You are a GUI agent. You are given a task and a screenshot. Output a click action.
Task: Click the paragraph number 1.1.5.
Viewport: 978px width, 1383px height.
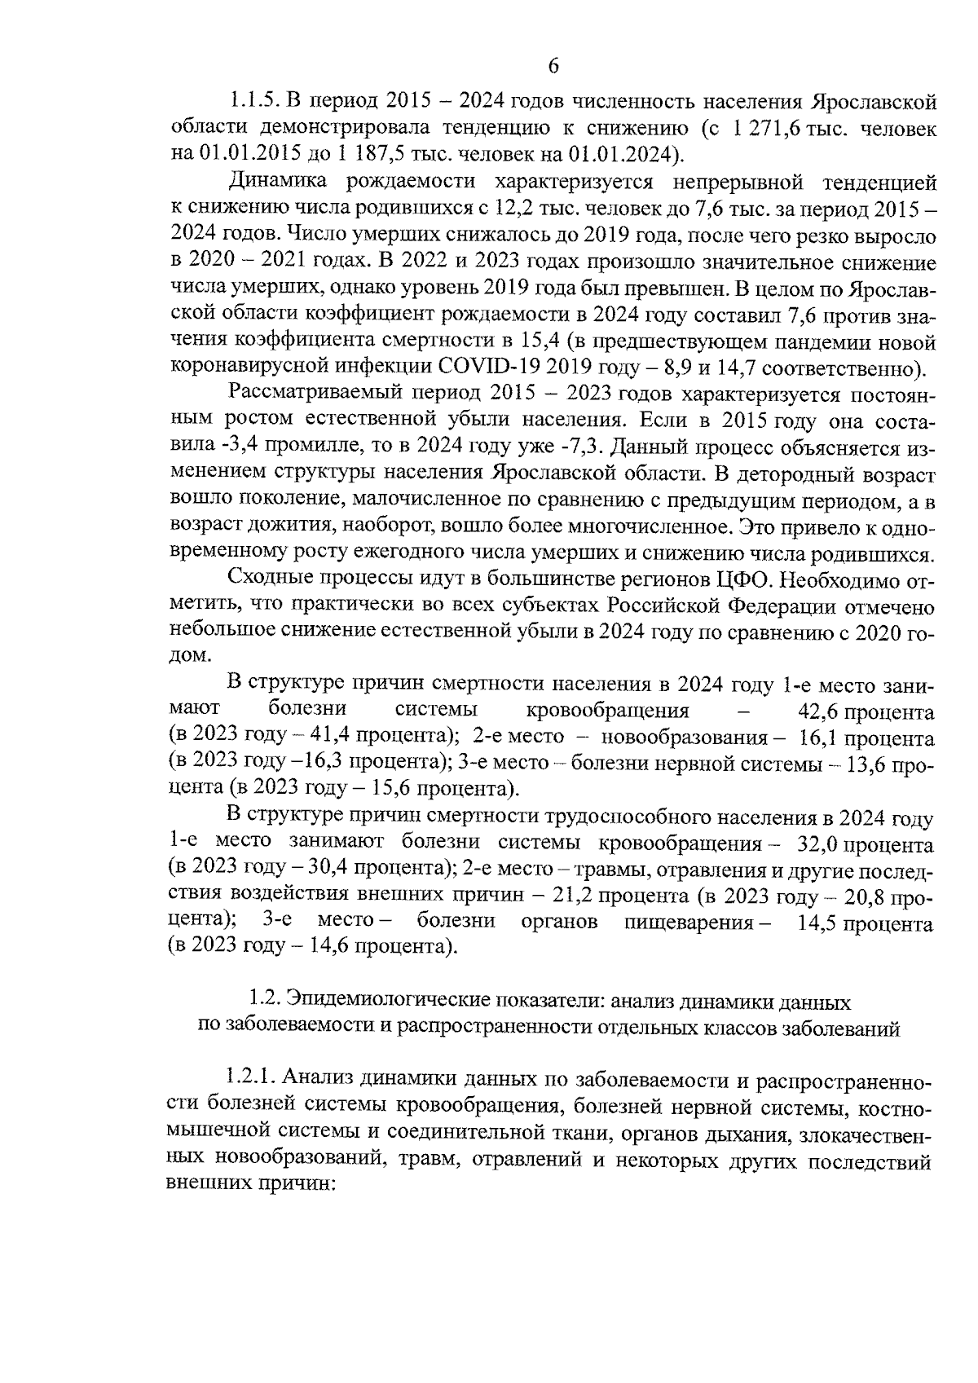coord(254,102)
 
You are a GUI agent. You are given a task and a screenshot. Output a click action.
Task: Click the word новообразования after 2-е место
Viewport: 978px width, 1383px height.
coord(683,738)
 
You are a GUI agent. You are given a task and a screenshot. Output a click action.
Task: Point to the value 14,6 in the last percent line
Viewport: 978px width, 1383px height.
coord(331,947)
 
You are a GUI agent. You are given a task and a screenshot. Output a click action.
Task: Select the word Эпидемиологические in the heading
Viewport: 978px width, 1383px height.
coord(375,1002)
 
